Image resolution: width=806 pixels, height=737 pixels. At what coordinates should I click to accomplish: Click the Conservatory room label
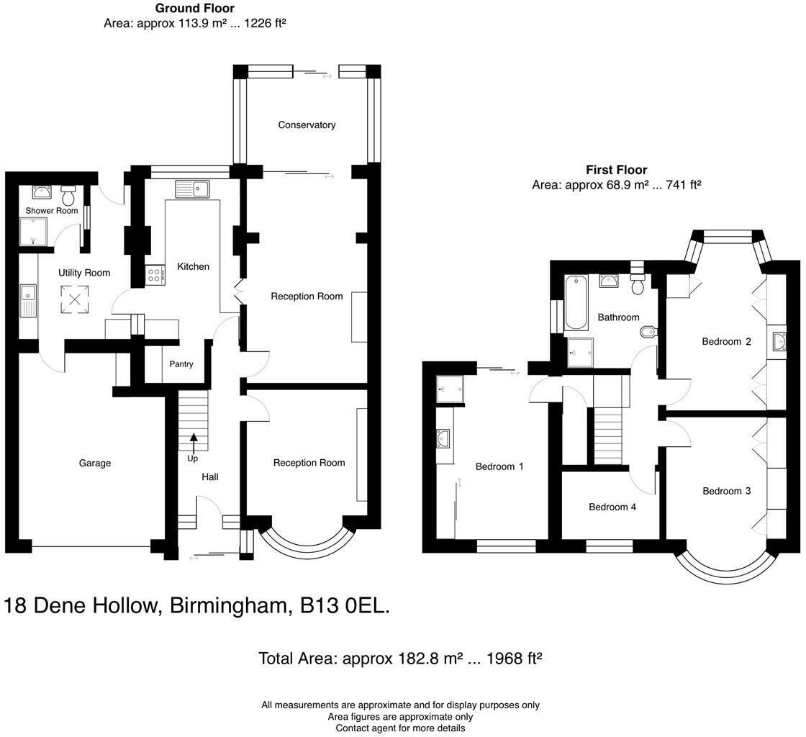[x=307, y=125]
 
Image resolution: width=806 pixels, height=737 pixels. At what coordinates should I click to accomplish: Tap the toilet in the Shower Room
[x=69, y=195]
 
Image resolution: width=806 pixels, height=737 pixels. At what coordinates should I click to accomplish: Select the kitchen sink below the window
[x=191, y=189]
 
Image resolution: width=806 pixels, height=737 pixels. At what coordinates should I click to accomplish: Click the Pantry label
[x=181, y=364]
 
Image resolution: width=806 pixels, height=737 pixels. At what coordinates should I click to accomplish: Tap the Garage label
[x=95, y=464]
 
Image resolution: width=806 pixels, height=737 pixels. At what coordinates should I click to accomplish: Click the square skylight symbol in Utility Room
[x=73, y=299]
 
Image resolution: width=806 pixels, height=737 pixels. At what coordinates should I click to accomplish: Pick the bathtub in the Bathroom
[x=576, y=302]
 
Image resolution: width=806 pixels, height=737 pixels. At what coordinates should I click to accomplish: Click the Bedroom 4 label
[x=612, y=507]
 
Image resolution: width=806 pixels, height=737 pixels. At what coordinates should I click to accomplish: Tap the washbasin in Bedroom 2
[x=778, y=342]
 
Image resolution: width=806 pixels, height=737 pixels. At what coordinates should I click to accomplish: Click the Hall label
[x=210, y=477]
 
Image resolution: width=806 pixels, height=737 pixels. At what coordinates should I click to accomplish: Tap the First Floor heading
[x=616, y=171]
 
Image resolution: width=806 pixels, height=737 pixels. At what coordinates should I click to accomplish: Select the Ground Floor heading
[x=195, y=9]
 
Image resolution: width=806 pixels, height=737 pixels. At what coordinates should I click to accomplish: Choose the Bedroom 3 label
[x=727, y=492]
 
